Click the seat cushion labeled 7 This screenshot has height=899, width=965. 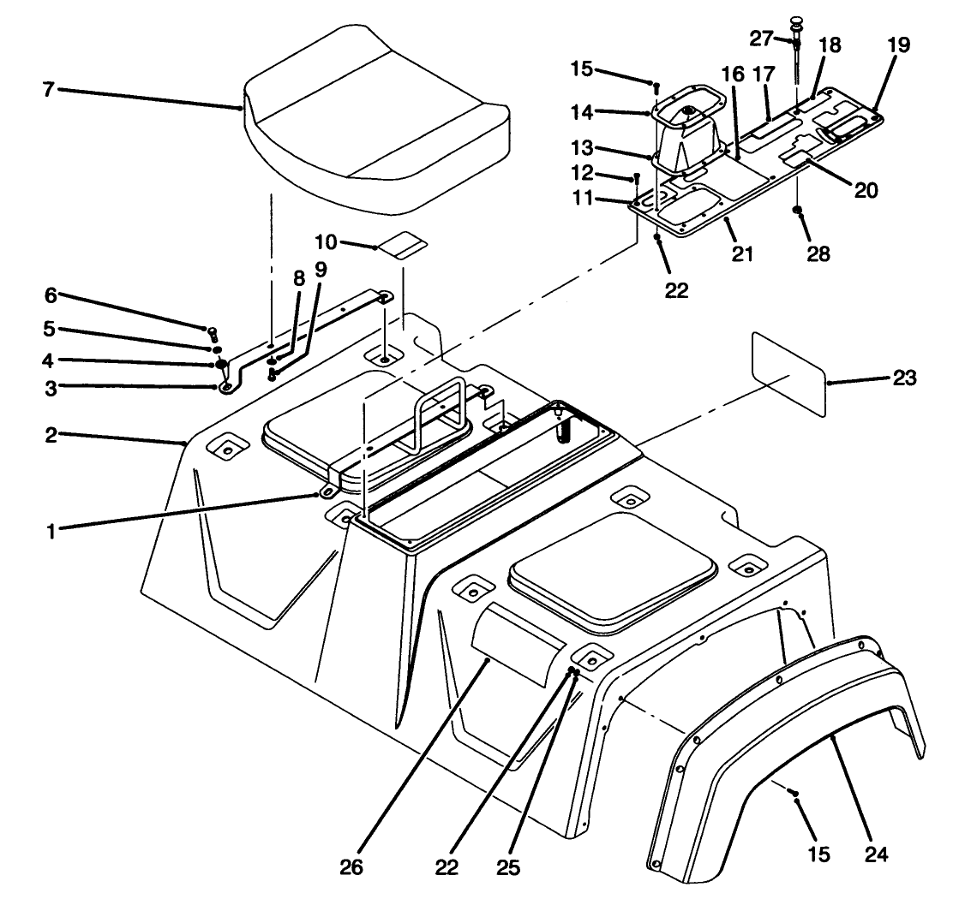click(x=377, y=128)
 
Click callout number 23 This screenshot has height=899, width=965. click(x=905, y=377)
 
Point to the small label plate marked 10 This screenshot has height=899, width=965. click(x=403, y=246)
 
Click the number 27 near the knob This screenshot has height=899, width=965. click(x=762, y=39)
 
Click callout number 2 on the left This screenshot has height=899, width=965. click(x=51, y=434)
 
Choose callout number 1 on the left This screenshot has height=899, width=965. click(x=51, y=529)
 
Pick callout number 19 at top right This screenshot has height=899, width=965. click(x=899, y=45)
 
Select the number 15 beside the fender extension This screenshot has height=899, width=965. click(x=818, y=855)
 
